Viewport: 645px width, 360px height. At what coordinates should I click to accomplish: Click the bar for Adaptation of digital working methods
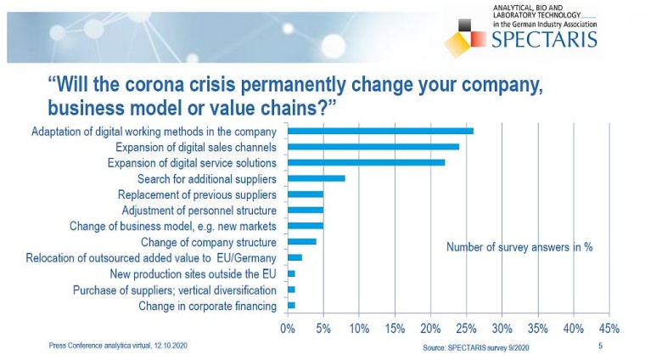click(380, 132)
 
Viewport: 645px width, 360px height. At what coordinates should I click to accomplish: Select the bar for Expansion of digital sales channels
click(373, 147)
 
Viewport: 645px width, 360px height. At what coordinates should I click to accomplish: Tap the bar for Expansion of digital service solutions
click(366, 162)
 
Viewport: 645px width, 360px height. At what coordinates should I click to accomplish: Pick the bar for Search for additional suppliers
click(317, 178)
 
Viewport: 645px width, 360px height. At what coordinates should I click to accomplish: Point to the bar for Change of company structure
click(302, 241)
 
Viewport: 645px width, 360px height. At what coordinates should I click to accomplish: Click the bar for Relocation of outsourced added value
click(294, 257)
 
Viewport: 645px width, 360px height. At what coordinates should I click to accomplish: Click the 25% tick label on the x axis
click(466, 328)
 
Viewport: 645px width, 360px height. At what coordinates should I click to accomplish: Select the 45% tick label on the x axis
click(609, 328)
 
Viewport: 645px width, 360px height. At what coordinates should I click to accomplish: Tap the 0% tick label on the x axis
click(288, 328)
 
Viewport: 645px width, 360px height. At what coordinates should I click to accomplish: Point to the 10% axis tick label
click(358, 328)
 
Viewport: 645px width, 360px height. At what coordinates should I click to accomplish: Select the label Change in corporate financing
click(207, 306)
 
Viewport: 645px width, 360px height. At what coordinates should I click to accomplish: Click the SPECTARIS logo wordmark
click(543, 39)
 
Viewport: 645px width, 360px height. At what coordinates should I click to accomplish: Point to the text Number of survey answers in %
click(519, 247)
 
